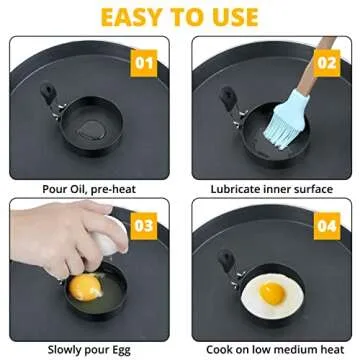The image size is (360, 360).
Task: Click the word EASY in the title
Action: coord(118,17)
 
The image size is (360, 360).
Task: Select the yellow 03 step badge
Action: coord(145,225)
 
